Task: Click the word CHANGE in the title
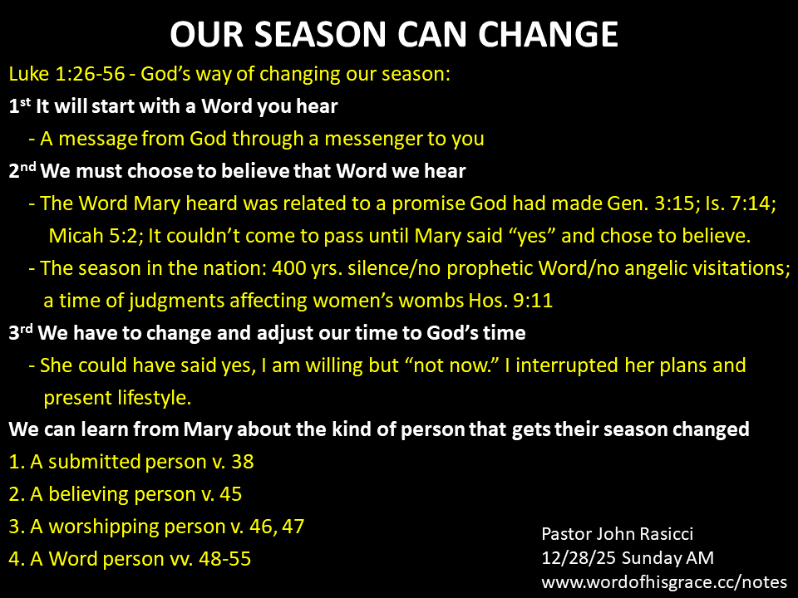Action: point(548,35)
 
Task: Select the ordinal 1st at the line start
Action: point(20,105)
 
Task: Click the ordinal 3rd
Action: point(21,332)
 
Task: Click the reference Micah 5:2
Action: point(96,236)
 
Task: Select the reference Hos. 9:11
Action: point(510,301)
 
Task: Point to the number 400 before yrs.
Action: point(288,268)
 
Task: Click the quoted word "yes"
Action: point(532,237)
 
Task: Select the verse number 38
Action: point(242,463)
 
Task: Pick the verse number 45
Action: point(230,494)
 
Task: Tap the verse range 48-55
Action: point(225,559)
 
